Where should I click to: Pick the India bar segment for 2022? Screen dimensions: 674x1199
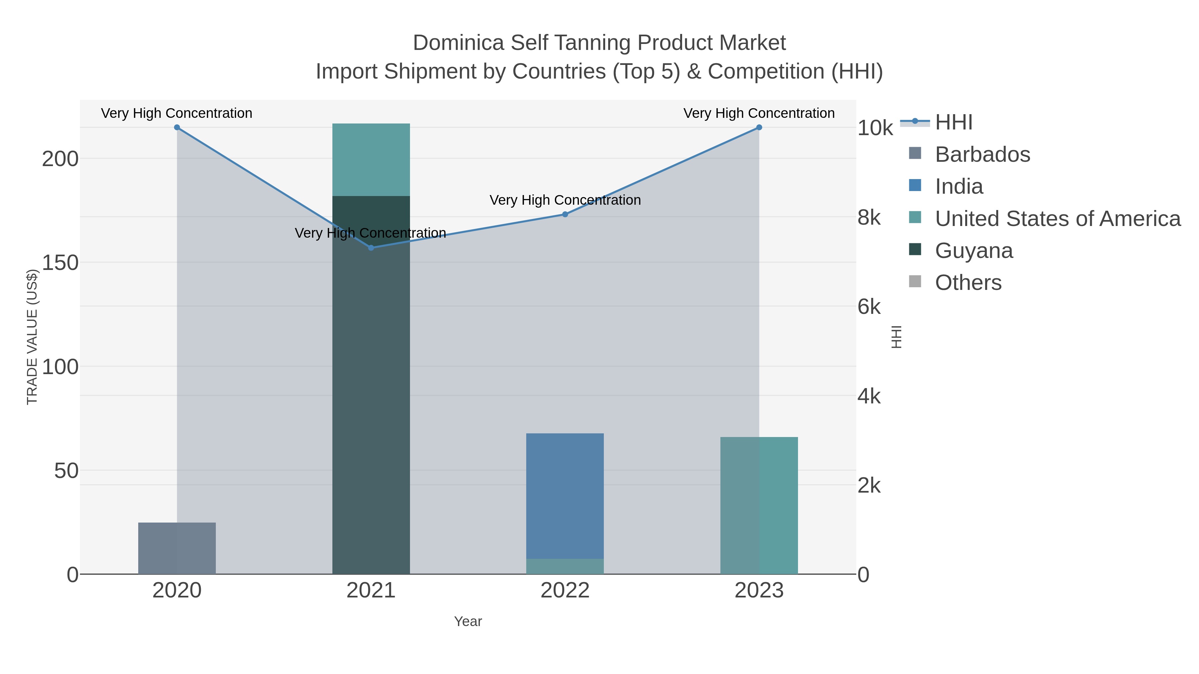point(565,495)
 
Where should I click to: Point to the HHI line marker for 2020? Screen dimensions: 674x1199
point(177,127)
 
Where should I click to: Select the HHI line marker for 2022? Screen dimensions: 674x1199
point(565,214)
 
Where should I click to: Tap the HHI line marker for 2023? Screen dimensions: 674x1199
point(759,127)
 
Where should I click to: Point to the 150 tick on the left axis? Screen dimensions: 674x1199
point(60,263)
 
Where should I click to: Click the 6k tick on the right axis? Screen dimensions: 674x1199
point(869,307)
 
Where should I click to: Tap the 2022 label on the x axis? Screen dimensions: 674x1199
point(565,591)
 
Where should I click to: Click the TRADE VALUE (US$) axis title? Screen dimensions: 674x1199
point(32,337)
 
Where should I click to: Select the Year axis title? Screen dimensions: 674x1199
point(468,621)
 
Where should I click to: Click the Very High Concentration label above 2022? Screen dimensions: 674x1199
point(565,200)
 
